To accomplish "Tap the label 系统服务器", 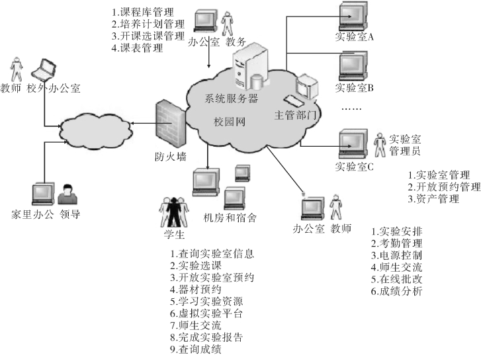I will (x=230, y=99).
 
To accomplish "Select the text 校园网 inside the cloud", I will (x=230, y=123).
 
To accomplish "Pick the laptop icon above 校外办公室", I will (x=48, y=69).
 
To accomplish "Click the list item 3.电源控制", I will (x=396, y=256).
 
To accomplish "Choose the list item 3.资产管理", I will (x=433, y=199).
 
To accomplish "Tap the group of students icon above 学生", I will (x=173, y=211).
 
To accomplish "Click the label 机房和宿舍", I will (x=230, y=218).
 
